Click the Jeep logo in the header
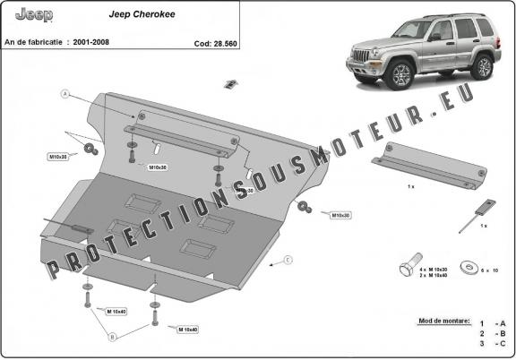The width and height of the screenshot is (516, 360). (34, 16)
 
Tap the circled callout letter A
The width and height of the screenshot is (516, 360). (65, 93)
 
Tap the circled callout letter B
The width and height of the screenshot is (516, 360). (112, 338)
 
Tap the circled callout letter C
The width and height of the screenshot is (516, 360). (288, 261)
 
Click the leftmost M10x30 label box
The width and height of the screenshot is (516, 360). (59, 158)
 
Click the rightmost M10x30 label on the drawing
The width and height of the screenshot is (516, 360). (340, 216)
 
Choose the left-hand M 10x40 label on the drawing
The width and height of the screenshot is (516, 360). (117, 311)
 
